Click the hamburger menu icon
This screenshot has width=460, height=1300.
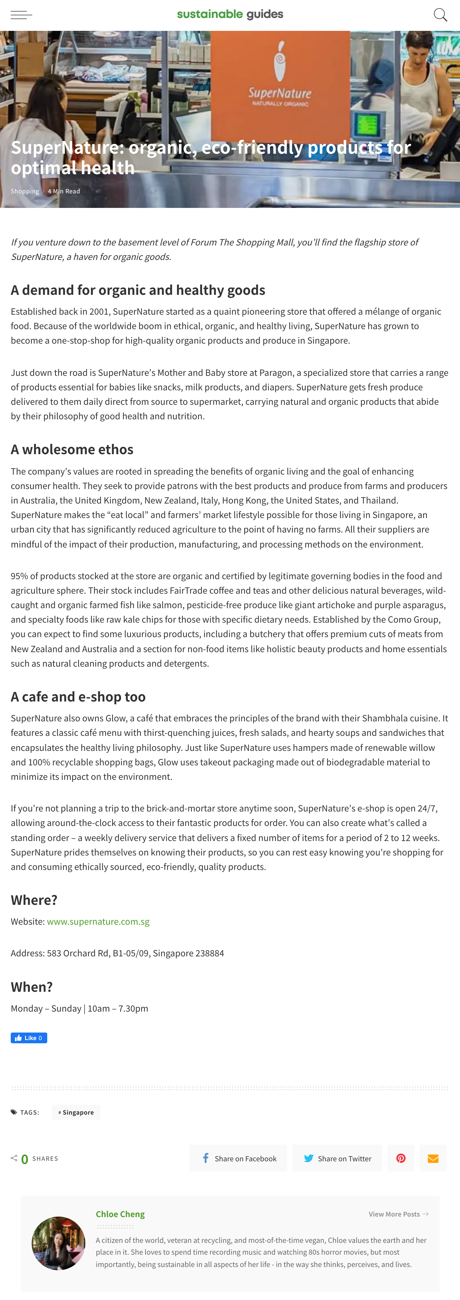pos(21,15)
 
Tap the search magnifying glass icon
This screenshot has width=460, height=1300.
pos(440,15)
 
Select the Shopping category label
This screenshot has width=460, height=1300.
pos(25,191)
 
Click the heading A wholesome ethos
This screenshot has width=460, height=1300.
pos(72,449)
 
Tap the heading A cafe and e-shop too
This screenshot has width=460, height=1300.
pos(78,696)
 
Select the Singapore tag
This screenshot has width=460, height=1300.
pos(76,1112)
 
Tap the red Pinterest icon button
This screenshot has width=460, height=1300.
pos(401,1158)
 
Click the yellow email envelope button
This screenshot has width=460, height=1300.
pos(433,1158)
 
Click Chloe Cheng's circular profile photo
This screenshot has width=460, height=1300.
pos(59,1243)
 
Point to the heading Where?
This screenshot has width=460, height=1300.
pos(34,900)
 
